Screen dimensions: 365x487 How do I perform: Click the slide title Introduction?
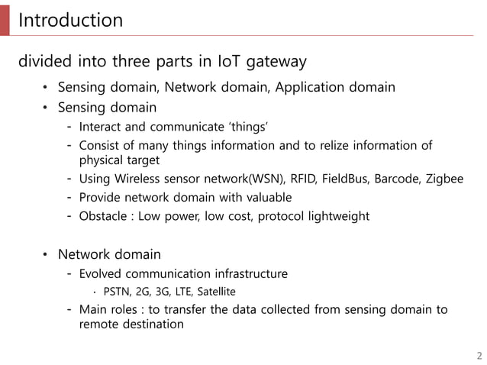click(x=70, y=20)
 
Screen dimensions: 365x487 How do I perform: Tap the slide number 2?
click(x=479, y=355)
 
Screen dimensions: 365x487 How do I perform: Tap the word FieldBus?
click(x=346, y=179)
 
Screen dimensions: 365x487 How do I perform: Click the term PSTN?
click(x=117, y=291)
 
